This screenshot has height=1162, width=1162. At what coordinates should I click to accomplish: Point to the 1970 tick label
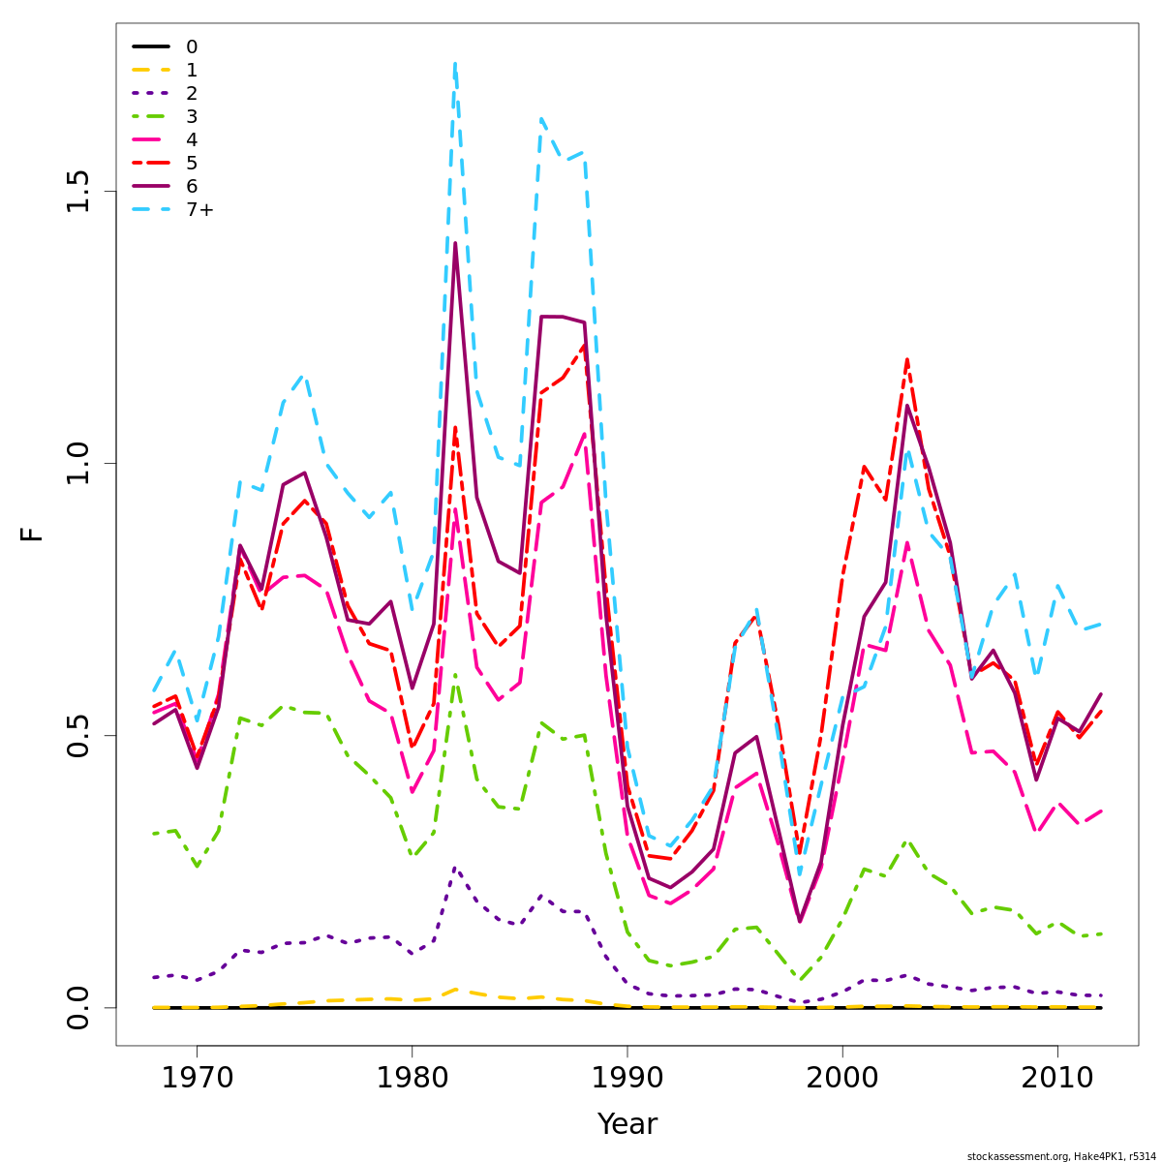point(197,1079)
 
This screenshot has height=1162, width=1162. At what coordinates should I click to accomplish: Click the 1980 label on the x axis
point(412,1079)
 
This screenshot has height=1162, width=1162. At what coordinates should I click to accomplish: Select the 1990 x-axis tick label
point(627,1079)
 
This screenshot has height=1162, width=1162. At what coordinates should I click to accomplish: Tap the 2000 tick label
point(842,1079)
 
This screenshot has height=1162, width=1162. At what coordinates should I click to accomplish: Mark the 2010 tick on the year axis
point(1057,1079)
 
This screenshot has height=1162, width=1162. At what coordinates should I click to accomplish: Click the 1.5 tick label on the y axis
point(78,191)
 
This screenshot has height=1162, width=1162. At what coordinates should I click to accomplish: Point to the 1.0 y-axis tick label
point(78,463)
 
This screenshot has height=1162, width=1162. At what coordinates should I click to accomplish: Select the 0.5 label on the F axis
point(78,735)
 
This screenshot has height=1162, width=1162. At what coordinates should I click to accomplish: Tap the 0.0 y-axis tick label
point(78,1007)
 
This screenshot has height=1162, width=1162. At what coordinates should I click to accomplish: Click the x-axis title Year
point(627,1125)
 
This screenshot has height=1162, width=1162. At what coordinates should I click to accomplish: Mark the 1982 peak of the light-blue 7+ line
point(455,63)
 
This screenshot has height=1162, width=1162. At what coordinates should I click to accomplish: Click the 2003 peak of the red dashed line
point(907,359)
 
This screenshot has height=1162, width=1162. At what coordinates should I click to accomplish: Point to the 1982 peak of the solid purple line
point(455,243)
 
